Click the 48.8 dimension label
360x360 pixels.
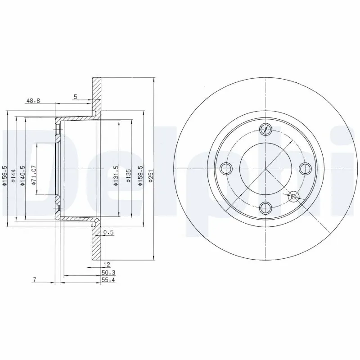click(x=33, y=101)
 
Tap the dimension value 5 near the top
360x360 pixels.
click(x=76, y=96)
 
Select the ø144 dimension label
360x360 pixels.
click(x=14, y=175)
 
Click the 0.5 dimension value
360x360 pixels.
click(x=108, y=232)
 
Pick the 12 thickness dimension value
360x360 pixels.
click(x=107, y=265)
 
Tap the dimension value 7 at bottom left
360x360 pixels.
click(x=34, y=280)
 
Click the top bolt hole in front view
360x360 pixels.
click(x=266, y=129)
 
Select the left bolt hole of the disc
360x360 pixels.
click(x=226, y=169)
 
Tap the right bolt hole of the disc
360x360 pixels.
click(x=306, y=169)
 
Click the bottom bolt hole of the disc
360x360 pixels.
click(x=266, y=208)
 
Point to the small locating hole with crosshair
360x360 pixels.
click(x=294, y=196)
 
